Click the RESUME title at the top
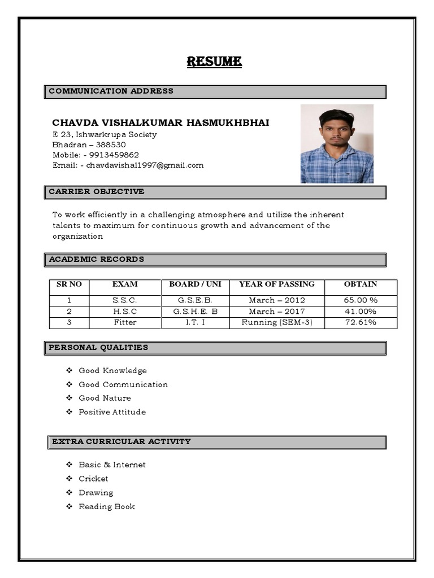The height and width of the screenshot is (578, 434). (214, 62)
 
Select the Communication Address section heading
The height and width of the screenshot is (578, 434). (111, 91)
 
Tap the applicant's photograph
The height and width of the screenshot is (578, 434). (336, 144)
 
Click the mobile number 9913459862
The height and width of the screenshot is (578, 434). (115, 155)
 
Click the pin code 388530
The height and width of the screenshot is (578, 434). (111, 145)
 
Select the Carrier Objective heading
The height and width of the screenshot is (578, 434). (97, 192)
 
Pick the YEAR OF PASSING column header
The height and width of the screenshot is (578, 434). (277, 284)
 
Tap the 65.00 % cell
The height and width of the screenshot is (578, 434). (361, 300)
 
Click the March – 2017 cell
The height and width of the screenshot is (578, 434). (277, 312)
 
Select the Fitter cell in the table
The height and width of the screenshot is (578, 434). (125, 323)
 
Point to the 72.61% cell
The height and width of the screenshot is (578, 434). (361, 323)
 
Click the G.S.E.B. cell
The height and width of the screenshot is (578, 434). (195, 300)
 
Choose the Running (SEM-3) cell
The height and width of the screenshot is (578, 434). (277, 323)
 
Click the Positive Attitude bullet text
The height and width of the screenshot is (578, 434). (112, 412)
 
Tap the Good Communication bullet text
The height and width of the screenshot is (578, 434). (123, 385)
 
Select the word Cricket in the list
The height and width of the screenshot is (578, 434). (93, 479)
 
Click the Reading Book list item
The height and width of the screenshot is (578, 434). (107, 507)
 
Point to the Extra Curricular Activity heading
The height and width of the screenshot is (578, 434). (121, 442)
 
